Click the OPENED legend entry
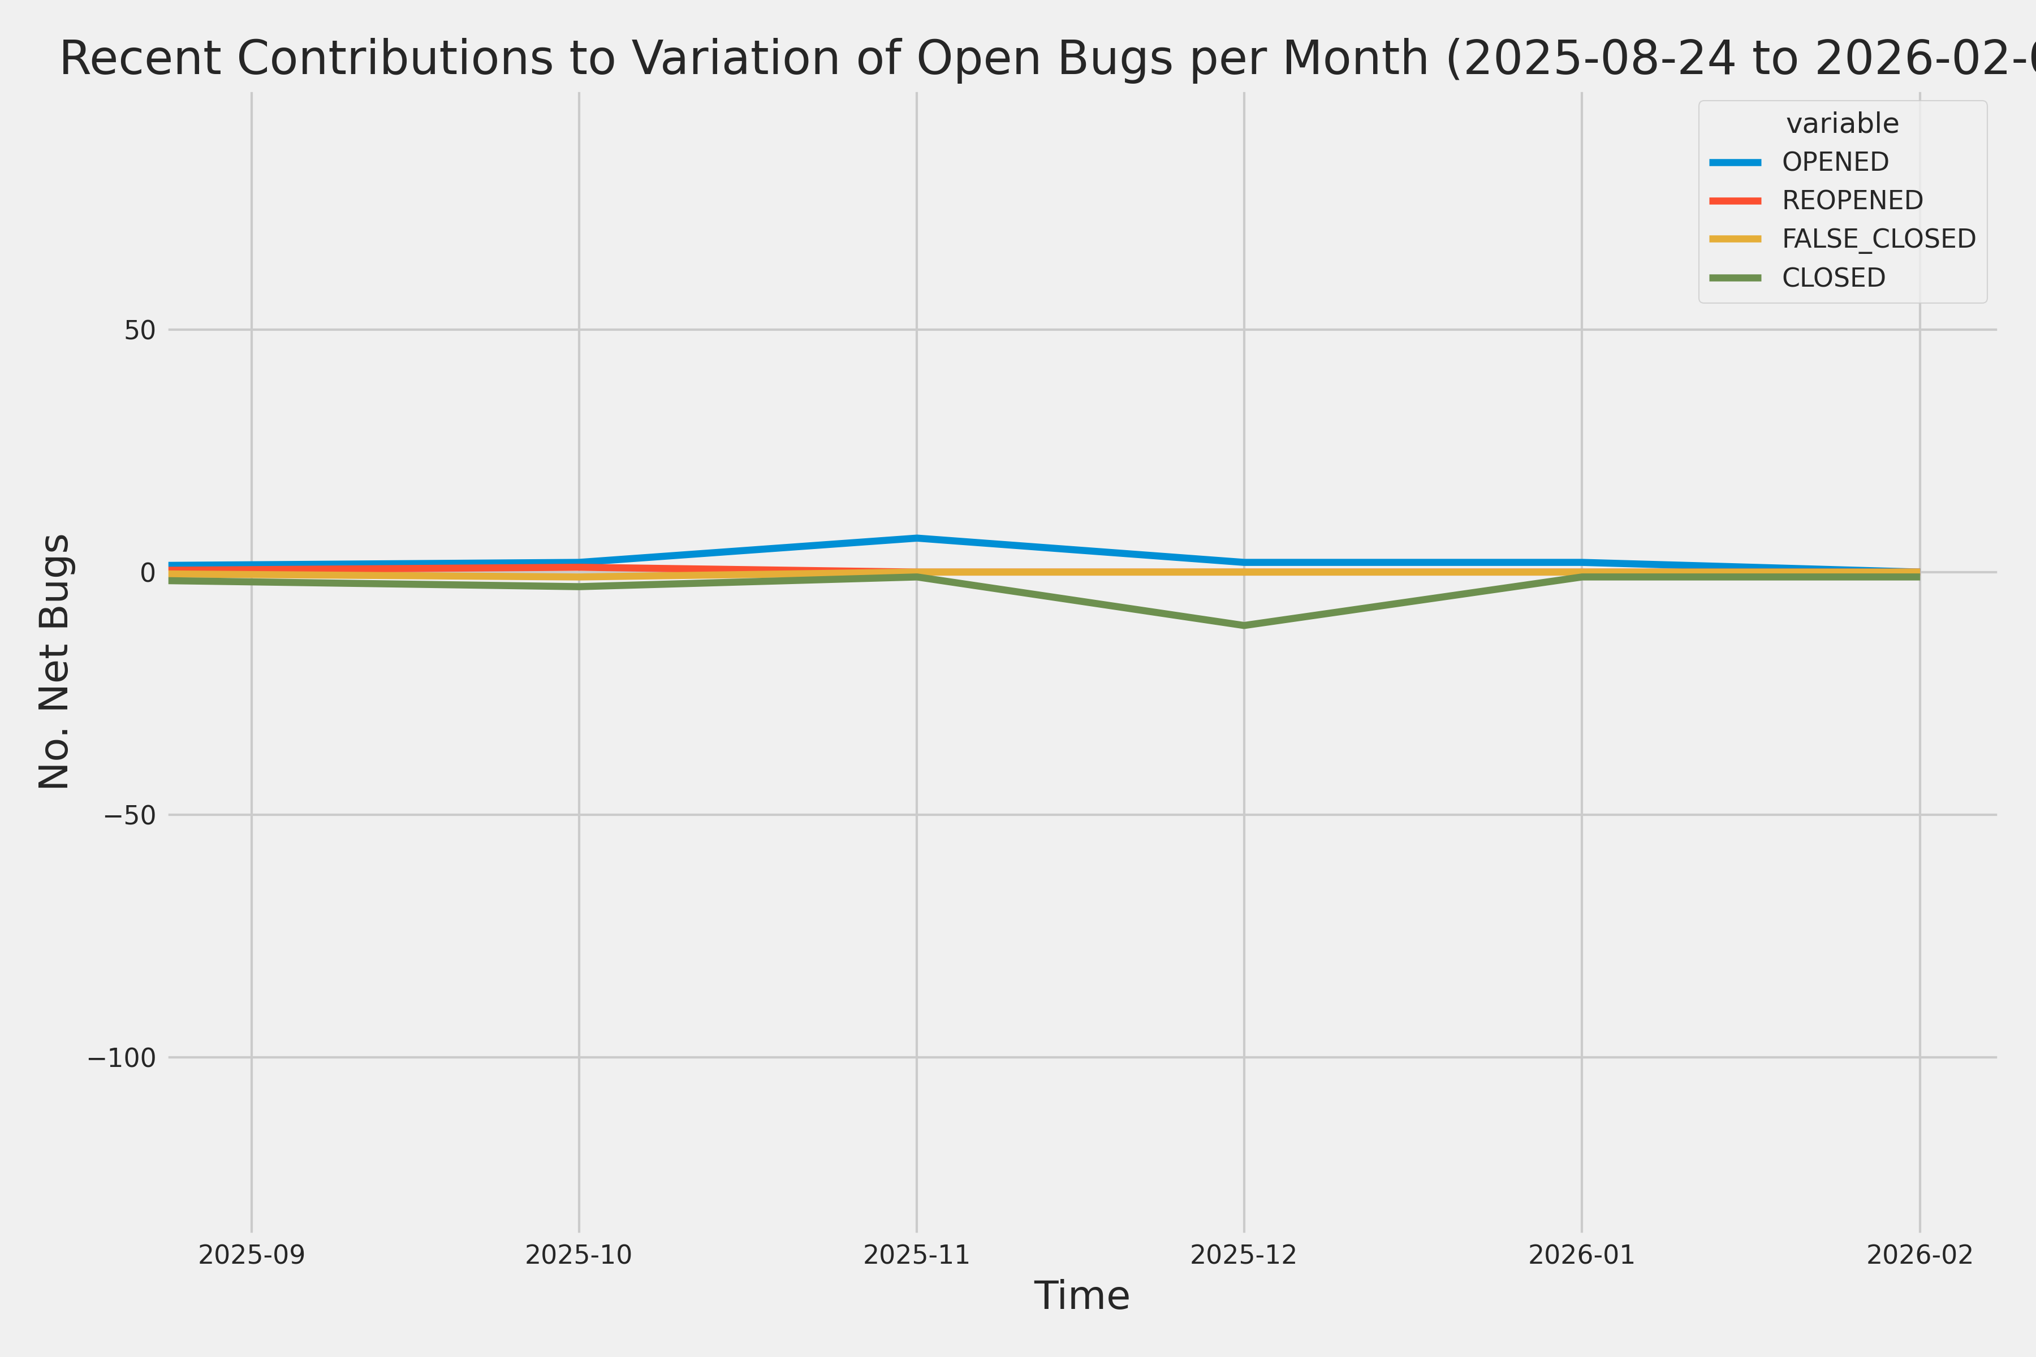click(x=1834, y=162)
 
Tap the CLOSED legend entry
click(x=1832, y=278)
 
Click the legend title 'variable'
click(x=1842, y=124)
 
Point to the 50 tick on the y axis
click(x=139, y=330)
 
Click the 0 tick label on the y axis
click(x=147, y=572)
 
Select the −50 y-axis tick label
click(x=130, y=815)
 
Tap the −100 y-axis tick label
click(x=121, y=1057)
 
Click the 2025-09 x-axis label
click(x=252, y=1255)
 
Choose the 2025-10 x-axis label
click(x=579, y=1255)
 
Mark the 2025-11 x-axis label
click(x=917, y=1255)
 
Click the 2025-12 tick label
click(x=1244, y=1255)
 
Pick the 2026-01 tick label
click(x=1581, y=1255)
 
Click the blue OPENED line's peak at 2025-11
click(x=917, y=538)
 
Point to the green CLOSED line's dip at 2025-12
click(x=1244, y=625)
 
